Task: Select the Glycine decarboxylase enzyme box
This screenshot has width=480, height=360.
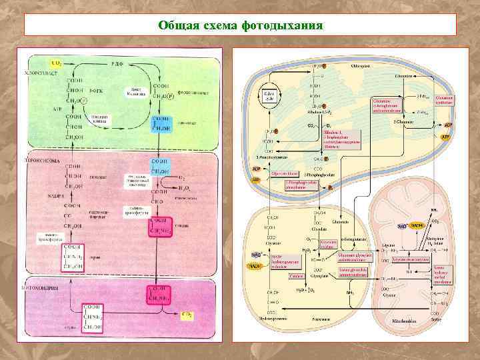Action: pyautogui.click(x=409, y=258)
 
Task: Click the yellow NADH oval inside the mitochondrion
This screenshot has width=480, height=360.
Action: pyautogui.click(x=417, y=226)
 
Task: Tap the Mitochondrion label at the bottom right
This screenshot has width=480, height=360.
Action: pyautogui.click(x=405, y=319)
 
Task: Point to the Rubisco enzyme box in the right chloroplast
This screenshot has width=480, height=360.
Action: pyautogui.click(x=341, y=140)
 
